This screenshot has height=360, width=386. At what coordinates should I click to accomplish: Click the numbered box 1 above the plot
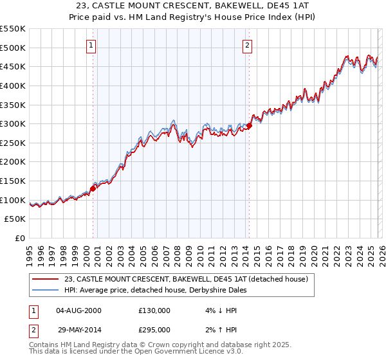(x=92, y=46)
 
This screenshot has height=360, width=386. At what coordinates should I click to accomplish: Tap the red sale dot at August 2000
(x=93, y=188)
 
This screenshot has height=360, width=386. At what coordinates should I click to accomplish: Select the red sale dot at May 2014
(x=250, y=125)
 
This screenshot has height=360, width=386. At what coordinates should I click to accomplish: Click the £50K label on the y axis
(x=15, y=219)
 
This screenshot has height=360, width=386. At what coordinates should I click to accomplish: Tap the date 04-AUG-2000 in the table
(x=78, y=310)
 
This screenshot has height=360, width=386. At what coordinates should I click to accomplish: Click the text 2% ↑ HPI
(x=218, y=328)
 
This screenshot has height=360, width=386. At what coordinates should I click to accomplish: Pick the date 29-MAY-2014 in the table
(x=78, y=328)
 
